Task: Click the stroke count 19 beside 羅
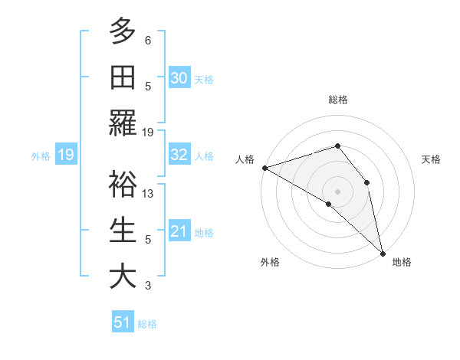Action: click(148, 132)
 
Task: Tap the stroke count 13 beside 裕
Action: click(148, 193)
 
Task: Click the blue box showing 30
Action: click(179, 77)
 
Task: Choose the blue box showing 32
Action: click(179, 155)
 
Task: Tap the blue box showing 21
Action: click(179, 231)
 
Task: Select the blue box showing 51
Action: click(123, 322)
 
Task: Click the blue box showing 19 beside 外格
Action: click(66, 155)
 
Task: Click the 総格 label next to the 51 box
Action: click(147, 324)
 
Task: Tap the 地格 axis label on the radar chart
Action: click(402, 262)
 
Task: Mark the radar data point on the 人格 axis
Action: click(264, 168)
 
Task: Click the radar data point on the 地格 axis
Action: click(382, 252)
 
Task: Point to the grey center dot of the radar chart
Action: click(337, 191)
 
